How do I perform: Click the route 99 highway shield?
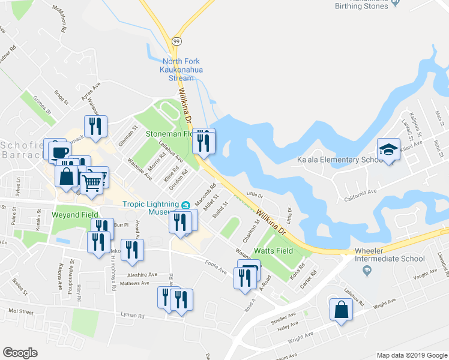pos(176,41)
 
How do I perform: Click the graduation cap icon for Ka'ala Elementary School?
pos(388,149)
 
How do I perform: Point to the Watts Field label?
pos(273,250)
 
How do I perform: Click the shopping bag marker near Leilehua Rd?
pos(341,309)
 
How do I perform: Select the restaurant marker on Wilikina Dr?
pos(203,142)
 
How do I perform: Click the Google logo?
pos(20,353)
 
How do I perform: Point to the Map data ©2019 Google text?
pos(411,355)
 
